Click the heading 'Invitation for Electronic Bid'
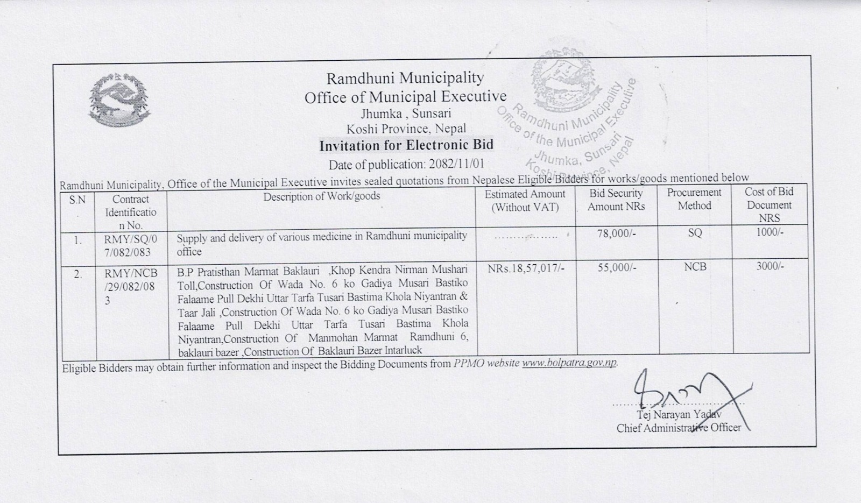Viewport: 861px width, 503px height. [406, 146]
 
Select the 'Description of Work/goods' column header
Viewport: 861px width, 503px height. [321, 196]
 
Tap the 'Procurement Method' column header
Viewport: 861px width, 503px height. [694, 199]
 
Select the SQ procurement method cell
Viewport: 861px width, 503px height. [694, 233]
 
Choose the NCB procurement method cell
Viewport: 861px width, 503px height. [695, 267]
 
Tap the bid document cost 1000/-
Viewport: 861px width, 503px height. [770, 232]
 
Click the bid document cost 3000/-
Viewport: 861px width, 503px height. [770, 266]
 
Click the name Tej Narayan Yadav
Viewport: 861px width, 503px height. [679, 415]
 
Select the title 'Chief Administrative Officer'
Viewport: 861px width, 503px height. [679, 428]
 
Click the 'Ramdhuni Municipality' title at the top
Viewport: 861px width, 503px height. [405, 79]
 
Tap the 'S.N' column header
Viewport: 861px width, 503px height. [78, 200]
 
